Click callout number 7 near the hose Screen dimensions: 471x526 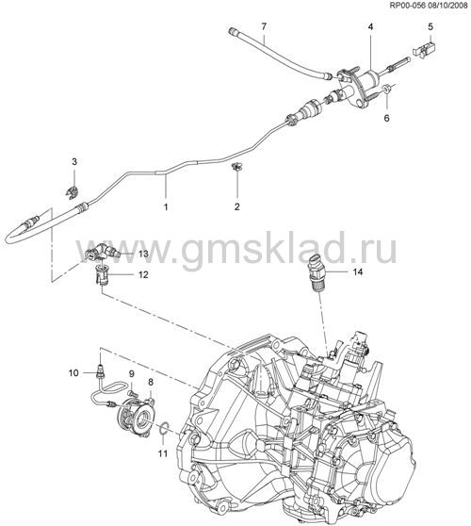coord(264,26)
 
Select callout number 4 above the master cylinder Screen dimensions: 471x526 coord(370,26)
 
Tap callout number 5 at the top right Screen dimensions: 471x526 coord(430,26)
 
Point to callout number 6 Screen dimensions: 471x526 coord(387,118)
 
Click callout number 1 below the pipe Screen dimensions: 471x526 coord(166,207)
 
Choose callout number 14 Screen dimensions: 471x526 coord(358,271)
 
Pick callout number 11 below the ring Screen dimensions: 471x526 coord(163,453)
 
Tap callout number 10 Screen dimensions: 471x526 coord(73,372)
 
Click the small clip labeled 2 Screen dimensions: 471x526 coord(237,167)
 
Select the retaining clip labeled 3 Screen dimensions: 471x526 coord(73,192)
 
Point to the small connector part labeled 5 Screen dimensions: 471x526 coord(425,50)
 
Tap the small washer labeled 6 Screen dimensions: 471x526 coord(386,89)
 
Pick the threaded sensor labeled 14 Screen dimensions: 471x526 coord(317,273)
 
